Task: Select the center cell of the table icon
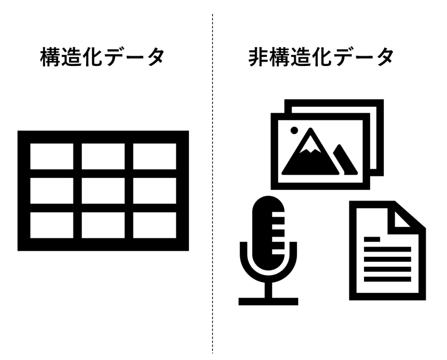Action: tap(103, 191)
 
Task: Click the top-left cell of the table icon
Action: tap(52, 156)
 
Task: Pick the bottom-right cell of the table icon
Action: tap(155, 225)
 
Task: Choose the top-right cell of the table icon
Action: tap(155, 156)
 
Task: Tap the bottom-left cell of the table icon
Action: tap(52, 225)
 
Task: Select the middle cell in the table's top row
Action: tap(103, 156)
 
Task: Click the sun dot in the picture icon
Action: tap(294, 130)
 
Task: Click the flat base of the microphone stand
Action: tap(268, 301)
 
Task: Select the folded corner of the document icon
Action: tap(405, 217)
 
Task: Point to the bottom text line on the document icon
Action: tap(387, 278)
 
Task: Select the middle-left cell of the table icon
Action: tap(52, 191)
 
